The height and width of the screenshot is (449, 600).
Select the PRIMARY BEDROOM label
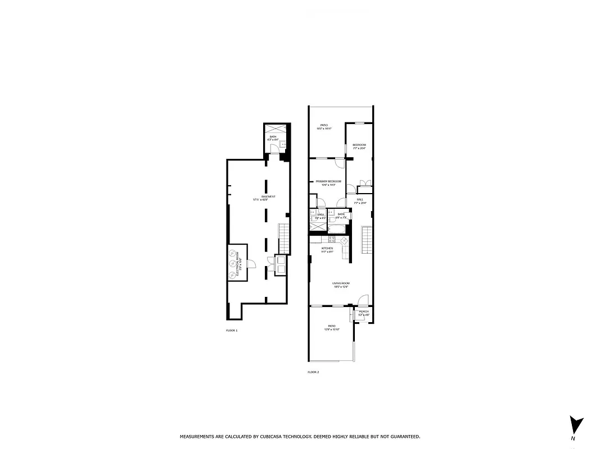click(329, 182)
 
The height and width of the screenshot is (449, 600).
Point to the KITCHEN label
click(327, 249)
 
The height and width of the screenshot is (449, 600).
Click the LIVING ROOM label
click(340, 284)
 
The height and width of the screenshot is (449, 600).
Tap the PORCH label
click(364, 312)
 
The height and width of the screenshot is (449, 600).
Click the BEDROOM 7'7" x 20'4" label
click(359, 146)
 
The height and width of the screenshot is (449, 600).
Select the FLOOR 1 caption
click(232, 331)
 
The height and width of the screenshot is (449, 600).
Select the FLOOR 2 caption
click(313, 372)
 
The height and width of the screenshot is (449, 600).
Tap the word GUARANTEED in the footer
click(403, 436)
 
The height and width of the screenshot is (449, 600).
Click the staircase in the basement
click(284, 238)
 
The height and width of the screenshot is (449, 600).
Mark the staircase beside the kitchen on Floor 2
click(367, 240)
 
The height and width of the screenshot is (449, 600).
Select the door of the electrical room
click(252, 264)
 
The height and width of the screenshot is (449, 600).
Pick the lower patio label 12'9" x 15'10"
click(332, 327)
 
